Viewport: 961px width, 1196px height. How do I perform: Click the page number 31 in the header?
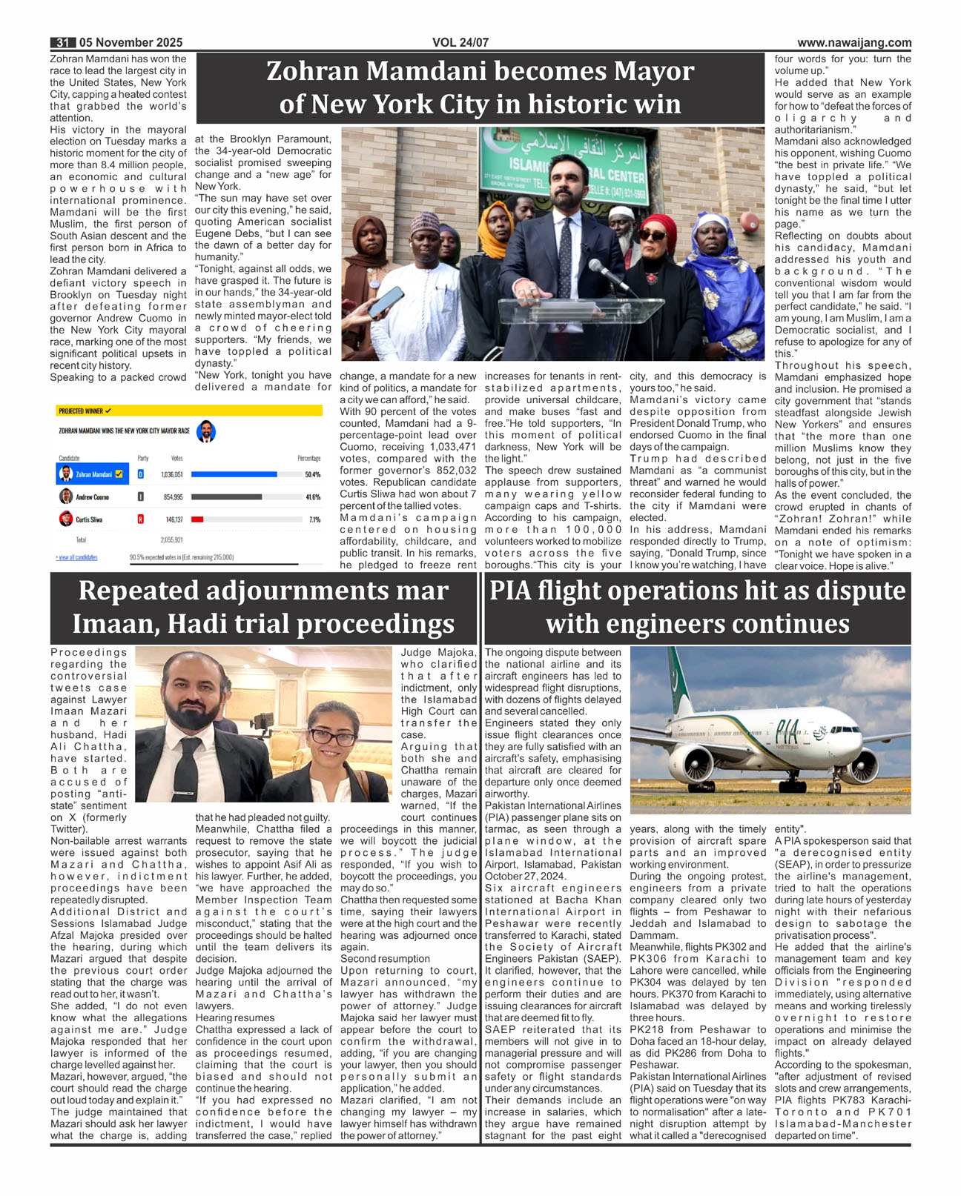tap(62, 43)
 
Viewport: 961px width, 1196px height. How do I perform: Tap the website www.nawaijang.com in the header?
tap(854, 43)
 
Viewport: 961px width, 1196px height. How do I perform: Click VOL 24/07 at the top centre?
tap(460, 43)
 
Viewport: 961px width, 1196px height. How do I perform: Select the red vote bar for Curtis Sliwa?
tap(197, 519)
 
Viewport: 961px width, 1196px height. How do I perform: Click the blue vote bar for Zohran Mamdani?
tap(234, 474)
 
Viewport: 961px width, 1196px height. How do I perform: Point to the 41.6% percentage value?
tap(313, 497)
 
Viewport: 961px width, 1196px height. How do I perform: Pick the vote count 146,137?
tap(174, 519)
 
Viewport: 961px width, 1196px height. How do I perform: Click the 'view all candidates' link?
tap(76, 557)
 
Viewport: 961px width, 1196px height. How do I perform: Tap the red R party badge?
tap(141, 519)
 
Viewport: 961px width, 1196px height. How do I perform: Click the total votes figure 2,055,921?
tap(171, 539)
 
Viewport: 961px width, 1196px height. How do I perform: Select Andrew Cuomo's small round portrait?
tap(66, 496)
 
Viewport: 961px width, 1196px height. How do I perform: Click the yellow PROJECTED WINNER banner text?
tap(84, 411)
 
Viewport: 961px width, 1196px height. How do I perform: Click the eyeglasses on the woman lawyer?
tap(332, 737)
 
